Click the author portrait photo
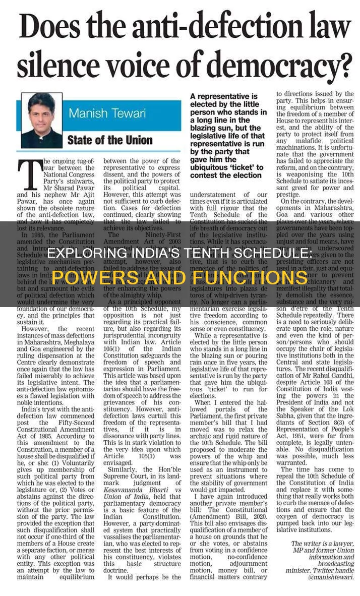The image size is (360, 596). coord(42,120)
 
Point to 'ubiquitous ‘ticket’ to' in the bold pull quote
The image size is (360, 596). coord(226,167)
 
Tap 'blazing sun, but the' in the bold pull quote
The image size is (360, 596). coord(226,128)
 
